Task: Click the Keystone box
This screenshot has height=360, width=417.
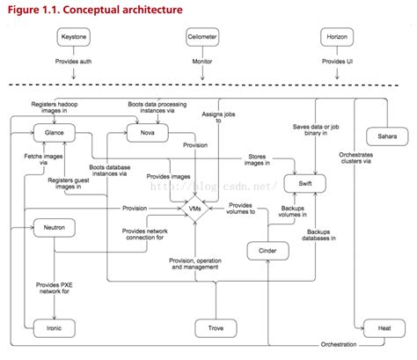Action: [73, 40]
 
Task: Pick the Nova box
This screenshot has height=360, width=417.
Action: [144, 132]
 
